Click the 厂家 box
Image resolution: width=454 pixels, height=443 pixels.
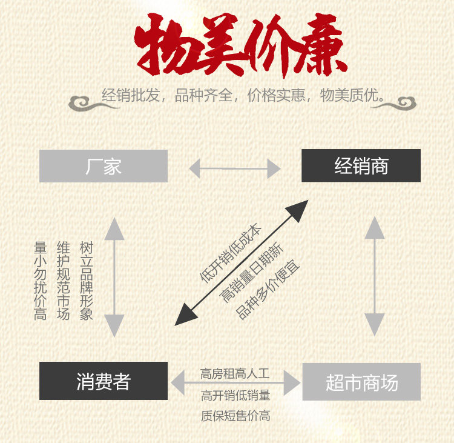point(104,166)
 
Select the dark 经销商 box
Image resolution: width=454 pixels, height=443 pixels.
point(361,166)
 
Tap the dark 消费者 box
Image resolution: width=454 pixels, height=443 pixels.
point(104,381)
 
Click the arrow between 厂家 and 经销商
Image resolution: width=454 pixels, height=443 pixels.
point(234,168)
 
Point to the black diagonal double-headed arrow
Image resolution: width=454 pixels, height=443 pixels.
point(242,262)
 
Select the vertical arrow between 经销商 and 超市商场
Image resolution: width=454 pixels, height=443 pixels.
point(375,276)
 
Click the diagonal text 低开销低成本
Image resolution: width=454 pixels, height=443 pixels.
point(231,253)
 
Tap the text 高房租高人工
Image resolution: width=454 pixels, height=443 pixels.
point(235,373)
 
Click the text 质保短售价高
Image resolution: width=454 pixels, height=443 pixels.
point(235,416)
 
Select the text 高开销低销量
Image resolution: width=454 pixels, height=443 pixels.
point(235,396)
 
